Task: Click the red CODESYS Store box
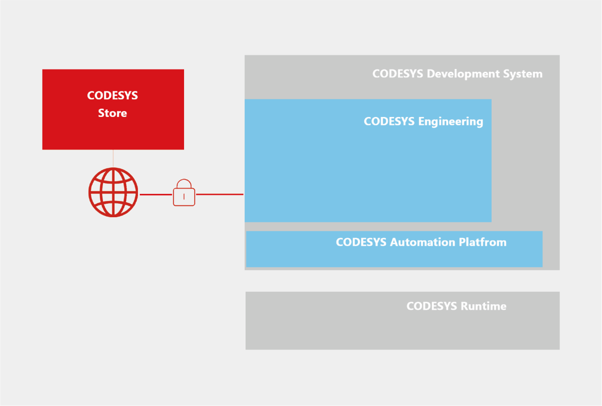[113, 131]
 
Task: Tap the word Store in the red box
[112, 113]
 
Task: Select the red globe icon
[113, 192]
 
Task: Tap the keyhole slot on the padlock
[184, 197]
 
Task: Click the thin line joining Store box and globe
[113, 158]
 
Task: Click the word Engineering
[451, 122]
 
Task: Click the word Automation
[423, 242]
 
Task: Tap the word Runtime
[483, 306]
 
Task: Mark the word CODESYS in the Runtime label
[431, 306]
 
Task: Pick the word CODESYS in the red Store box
[112, 96]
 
